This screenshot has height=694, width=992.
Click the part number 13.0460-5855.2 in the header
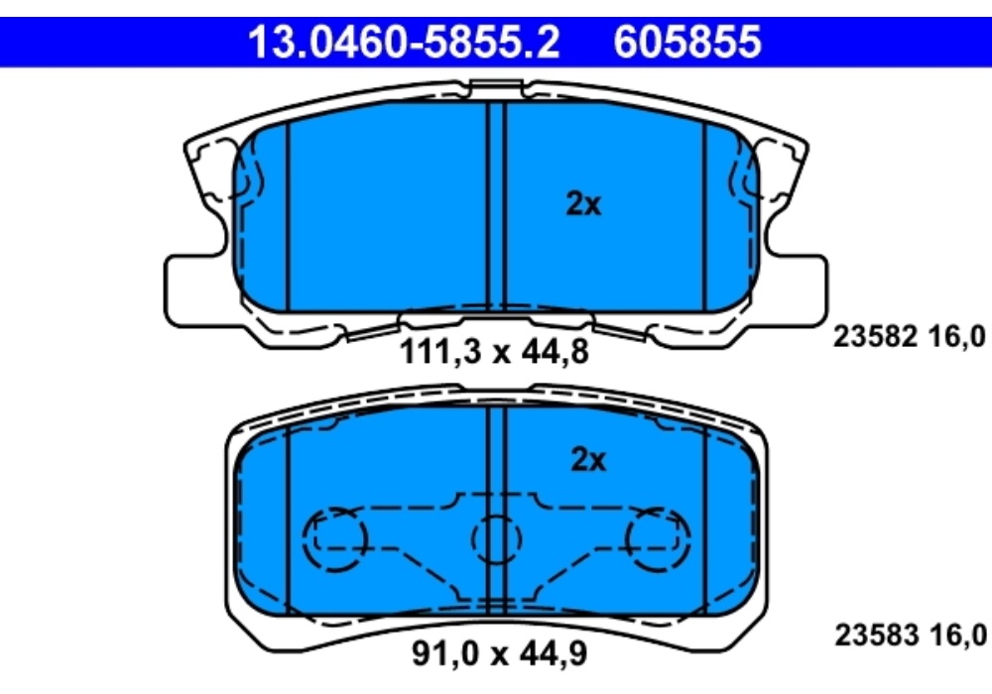tap(402, 42)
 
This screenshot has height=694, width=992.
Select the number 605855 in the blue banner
tap(688, 42)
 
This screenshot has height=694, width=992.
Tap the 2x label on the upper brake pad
tap(583, 204)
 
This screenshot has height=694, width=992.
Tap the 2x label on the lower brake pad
tap(587, 460)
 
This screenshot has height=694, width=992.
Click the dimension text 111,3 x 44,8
tap(494, 351)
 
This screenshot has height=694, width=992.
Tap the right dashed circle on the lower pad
tap(655, 538)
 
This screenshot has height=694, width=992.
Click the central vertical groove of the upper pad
tap(497, 208)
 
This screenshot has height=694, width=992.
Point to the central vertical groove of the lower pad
tap(497, 466)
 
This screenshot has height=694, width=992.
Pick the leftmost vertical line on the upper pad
tap(287, 213)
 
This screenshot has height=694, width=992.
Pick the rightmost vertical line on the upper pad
tap(704, 213)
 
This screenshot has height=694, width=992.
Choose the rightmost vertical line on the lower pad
tap(704, 516)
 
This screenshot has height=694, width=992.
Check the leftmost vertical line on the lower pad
tap(289, 516)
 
